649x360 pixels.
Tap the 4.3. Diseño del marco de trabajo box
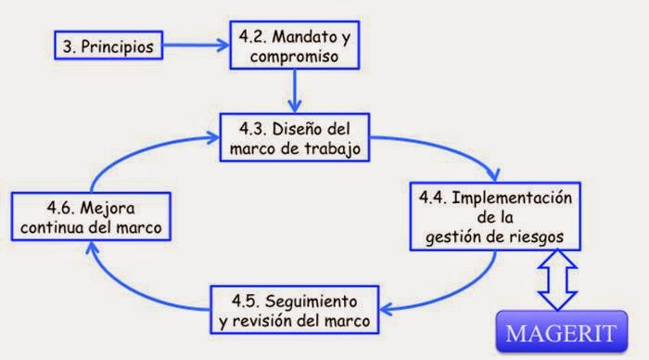coord(295,135)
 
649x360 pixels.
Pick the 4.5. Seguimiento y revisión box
coord(293,310)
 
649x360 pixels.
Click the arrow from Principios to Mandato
coord(195,44)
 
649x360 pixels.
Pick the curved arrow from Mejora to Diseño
coord(139,153)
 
